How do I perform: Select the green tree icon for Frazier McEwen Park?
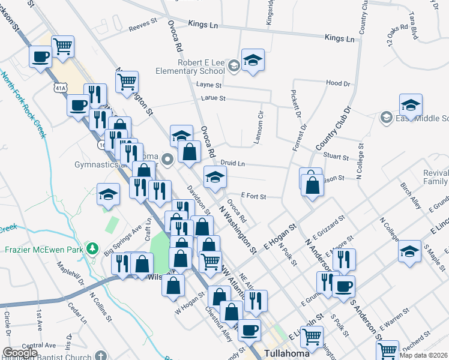point(91,248)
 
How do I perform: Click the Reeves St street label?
point(143,28)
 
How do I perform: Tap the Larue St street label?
point(214,98)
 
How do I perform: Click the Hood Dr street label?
point(338,83)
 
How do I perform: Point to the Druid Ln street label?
point(233,163)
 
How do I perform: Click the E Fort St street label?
point(253,196)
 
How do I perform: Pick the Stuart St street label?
point(337,157)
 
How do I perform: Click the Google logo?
point(20,353)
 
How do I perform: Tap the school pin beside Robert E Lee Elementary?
point(253,60)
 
